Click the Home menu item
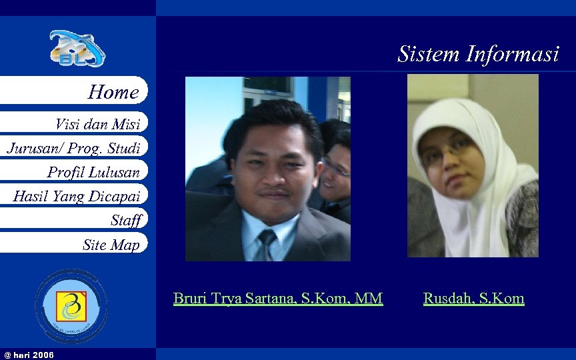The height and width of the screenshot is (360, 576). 113,92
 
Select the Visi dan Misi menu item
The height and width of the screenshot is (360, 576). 97,123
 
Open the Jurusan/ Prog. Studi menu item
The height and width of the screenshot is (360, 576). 73,147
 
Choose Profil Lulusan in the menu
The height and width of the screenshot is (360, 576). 93,172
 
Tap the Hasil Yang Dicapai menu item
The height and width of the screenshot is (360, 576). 77,196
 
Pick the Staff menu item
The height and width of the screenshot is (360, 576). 126,220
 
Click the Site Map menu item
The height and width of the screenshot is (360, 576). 111,245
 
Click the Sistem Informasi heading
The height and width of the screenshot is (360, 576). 478,53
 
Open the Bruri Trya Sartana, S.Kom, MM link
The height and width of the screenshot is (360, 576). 278,298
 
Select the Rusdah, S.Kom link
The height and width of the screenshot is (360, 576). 473,298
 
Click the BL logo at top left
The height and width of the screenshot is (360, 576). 77,49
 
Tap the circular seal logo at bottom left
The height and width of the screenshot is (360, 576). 71,306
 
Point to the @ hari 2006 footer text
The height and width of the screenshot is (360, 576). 29,354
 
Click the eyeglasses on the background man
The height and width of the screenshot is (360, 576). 336,167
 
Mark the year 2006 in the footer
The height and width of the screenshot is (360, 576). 43,354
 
